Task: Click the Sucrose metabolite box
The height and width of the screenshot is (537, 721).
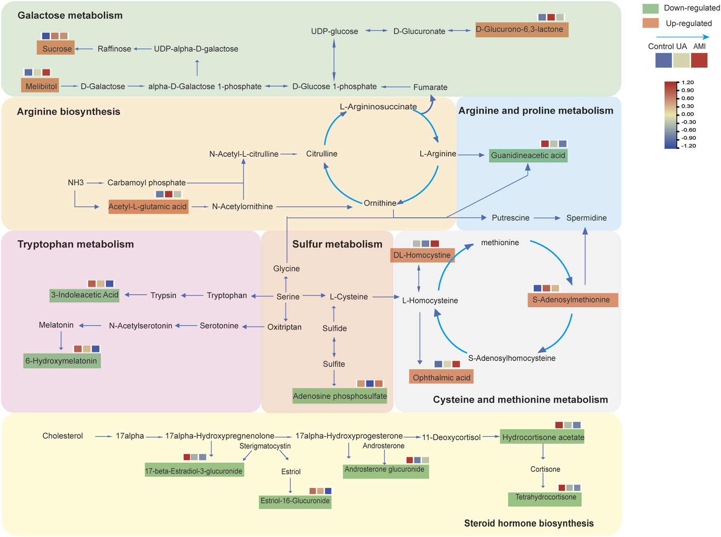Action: point(56,48)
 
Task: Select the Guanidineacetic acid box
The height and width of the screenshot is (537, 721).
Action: point(528,155)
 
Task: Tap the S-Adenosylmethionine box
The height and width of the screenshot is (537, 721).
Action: point(573,300)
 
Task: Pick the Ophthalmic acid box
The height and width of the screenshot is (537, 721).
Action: point(441,377)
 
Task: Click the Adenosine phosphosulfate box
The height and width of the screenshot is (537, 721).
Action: point(340,396)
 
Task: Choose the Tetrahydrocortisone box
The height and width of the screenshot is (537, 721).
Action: point(545,498)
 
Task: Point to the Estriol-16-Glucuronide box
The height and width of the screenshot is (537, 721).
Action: point(295,501)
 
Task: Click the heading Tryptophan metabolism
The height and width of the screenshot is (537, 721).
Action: point(76,244)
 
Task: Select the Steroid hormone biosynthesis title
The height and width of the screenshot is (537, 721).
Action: point(529,523)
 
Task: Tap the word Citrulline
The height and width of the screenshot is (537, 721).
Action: point(321,154)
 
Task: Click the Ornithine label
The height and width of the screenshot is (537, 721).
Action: point(380,203)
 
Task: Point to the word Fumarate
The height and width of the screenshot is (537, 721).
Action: point(430,87)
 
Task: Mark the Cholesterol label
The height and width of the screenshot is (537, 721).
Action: point(63,436)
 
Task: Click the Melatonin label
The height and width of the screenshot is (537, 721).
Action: point(56,325)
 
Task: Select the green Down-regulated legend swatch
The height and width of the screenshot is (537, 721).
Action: point(650,8)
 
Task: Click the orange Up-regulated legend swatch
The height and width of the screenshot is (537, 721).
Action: point(650,23)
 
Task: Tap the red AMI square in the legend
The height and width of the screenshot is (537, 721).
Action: point(699,60)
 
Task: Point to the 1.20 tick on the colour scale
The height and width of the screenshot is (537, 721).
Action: point(688,83)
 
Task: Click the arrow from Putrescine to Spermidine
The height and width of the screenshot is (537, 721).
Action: point(547,218)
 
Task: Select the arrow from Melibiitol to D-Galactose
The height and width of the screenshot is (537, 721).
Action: point(69,86)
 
